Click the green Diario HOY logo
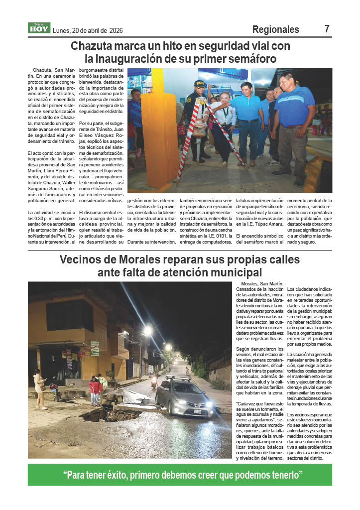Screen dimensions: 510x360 (x=39, y=28)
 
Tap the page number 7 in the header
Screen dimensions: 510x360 (x=327, y=29)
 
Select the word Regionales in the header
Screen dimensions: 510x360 (x=275, y=29)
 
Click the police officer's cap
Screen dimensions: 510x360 (x=200, y=84)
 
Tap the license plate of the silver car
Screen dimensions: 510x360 (x=197, y=411)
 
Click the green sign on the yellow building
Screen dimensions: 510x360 (x=95, y=348)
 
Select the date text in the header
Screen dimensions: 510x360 (x=87, y=30)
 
